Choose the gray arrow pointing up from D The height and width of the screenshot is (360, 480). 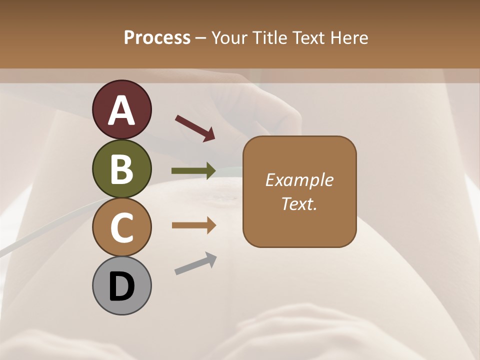pos(195,263)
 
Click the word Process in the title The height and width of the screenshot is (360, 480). pos(157,37)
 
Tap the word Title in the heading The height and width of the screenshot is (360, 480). pos(270,37)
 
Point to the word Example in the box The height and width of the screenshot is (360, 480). pos(299,180)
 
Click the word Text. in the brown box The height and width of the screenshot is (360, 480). pos(299,203)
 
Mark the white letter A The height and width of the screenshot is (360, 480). pos(121,111)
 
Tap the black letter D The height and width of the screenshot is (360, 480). pos(121,287)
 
